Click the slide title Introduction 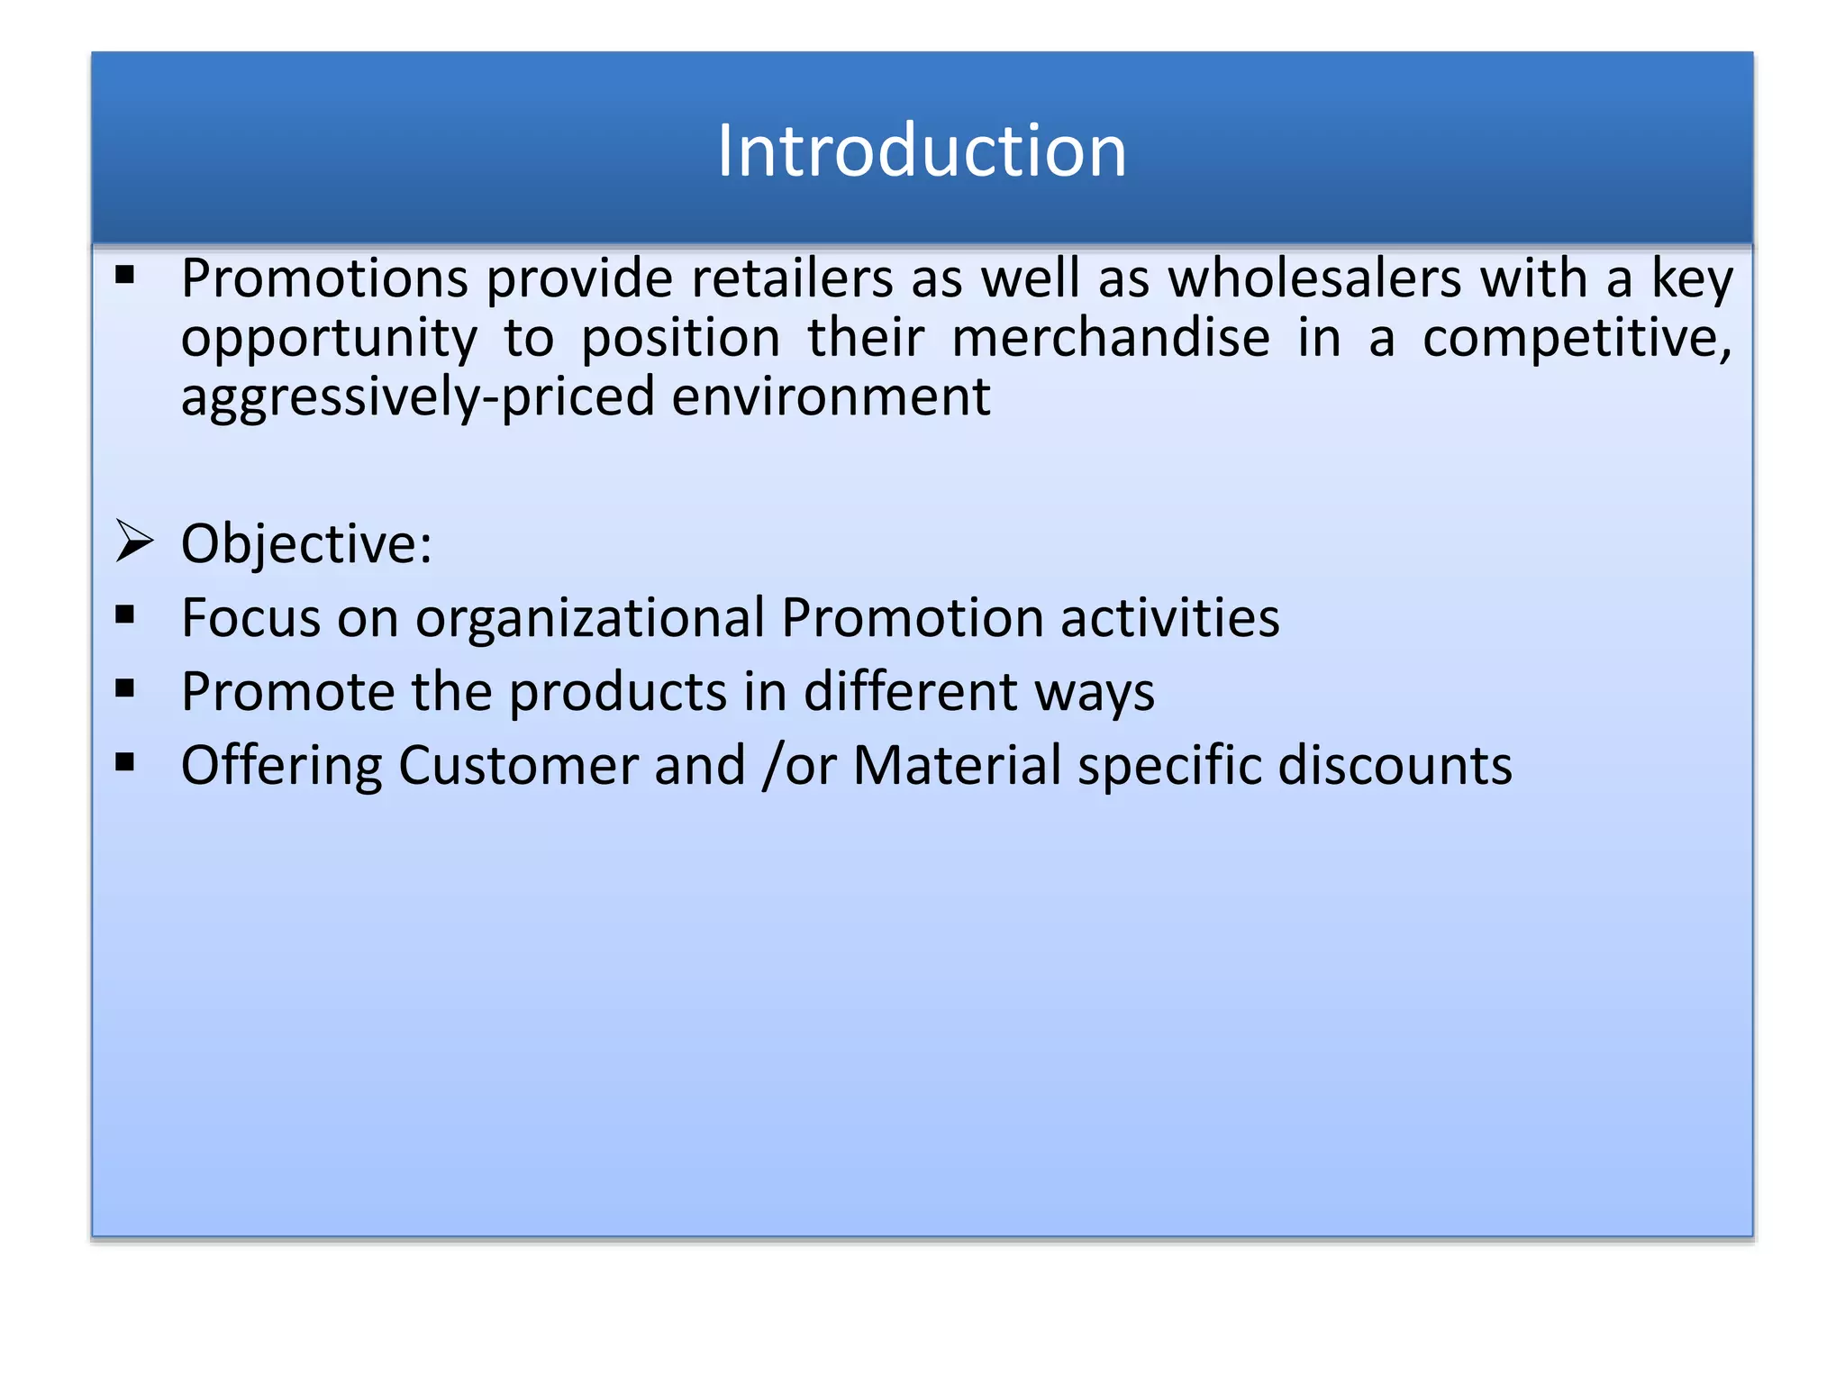921,150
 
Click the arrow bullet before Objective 134,542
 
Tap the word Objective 304,544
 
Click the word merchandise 1110,338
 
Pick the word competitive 1576,338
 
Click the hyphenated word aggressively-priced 417,397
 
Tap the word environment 830,397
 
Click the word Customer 518,766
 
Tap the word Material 957,766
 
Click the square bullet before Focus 125,615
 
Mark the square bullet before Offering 125,763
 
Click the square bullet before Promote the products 125,689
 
